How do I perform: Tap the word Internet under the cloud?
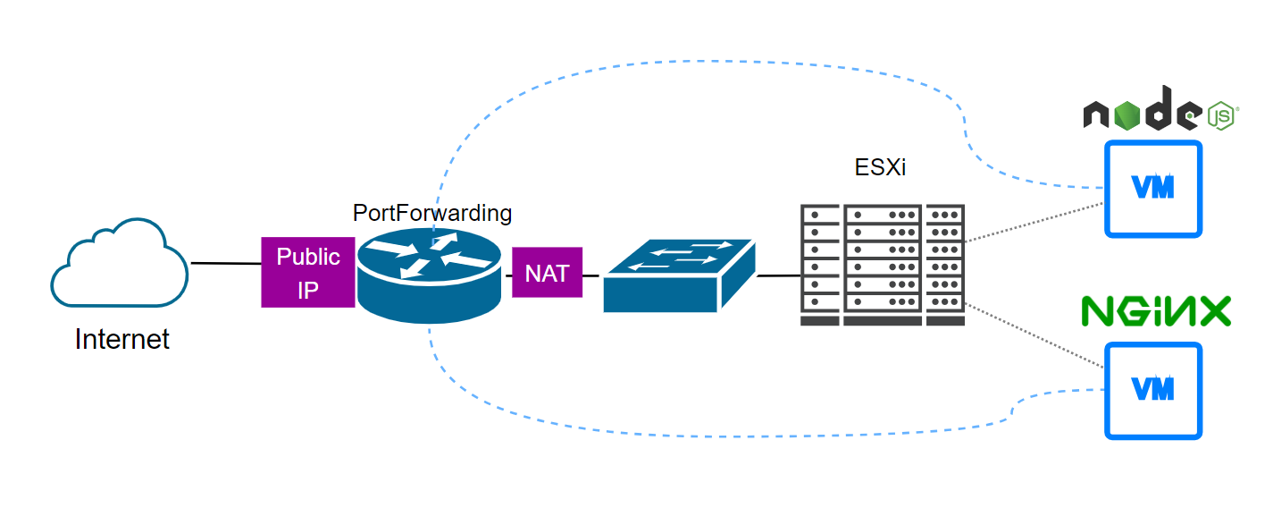(122, 340)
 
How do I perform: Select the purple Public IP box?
(307, 272)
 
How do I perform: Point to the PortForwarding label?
(432, 213)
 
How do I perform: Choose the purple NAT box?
(547, 273)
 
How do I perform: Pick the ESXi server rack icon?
(883, 265)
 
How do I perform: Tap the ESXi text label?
(880, 167)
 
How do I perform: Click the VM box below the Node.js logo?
(1152, 188)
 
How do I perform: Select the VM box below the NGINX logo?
(1152, 390)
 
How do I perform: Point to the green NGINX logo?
(1156, 310)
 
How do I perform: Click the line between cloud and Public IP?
(225, 264)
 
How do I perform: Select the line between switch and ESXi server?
(778, 276)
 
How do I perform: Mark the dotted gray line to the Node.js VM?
(1034, 222)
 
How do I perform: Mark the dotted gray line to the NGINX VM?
(1034, 334)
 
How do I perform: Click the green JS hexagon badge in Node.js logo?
(1220, 115)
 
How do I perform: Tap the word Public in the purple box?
(308, 257)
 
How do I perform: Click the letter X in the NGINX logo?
(1213, 310)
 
